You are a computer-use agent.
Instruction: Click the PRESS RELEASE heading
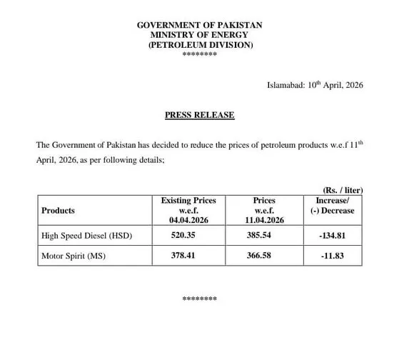point(199,115)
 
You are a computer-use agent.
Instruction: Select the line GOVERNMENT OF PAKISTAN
point(199,26)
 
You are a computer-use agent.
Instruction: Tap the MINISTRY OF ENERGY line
point(199,35)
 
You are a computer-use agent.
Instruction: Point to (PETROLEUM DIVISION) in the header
point(199,45)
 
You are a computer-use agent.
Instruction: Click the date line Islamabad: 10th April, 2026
point(315,85)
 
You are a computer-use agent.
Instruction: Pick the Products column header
point(59,211)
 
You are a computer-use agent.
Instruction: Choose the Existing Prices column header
point(188,201)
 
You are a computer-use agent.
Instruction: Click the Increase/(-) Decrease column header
point(334,206)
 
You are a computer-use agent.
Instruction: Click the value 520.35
point(188,235)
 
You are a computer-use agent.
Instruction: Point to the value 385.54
point(264,235)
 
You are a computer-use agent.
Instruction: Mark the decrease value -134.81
point(334,235)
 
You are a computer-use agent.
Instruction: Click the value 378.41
point(188,255)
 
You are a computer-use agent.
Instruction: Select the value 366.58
point(264,255)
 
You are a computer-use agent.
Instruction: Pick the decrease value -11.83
point(334,255)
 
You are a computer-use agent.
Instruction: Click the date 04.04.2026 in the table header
point(188,221)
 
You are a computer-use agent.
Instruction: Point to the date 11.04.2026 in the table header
point(264,221)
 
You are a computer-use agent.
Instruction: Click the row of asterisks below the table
point(199,299)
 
